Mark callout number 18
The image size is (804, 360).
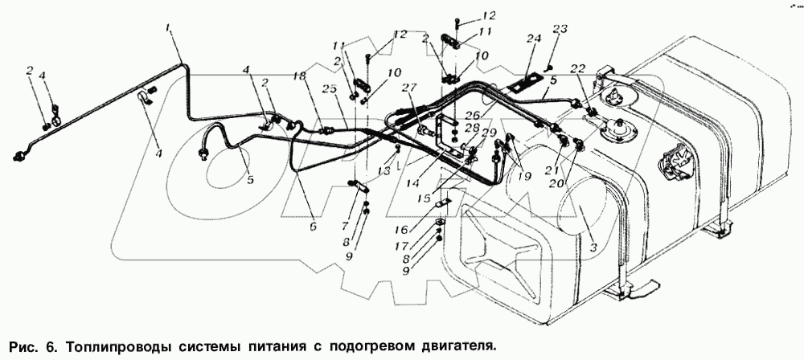298,76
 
